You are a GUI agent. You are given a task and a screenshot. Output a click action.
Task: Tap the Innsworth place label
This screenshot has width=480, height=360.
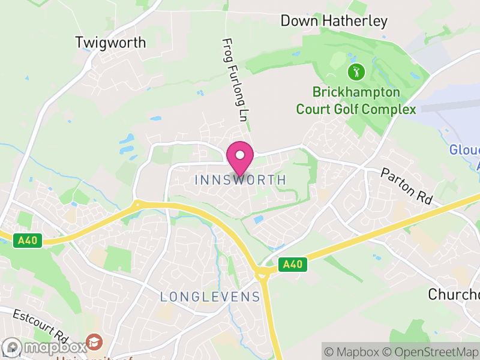240,179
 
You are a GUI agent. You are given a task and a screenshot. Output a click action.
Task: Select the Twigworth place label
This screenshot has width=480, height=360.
110,43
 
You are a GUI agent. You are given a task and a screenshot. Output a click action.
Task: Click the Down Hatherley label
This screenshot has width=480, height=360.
334,21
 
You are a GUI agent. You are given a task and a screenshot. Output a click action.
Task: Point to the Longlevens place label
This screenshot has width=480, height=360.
210,297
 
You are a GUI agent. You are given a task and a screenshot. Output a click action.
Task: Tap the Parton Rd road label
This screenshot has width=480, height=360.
407,187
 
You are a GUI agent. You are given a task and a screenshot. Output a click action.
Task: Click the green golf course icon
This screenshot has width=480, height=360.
356,73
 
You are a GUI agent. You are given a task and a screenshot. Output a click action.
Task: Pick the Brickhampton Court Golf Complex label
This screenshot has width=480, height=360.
356,101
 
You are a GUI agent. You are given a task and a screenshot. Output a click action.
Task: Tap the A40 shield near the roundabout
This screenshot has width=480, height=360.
292,264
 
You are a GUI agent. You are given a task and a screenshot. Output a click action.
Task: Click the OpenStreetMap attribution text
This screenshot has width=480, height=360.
430,352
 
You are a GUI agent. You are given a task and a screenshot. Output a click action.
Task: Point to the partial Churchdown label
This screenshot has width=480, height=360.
454,294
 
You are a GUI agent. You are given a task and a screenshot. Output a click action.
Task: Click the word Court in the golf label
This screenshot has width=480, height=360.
318,109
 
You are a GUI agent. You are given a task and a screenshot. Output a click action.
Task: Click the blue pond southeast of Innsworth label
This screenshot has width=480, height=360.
259,220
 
